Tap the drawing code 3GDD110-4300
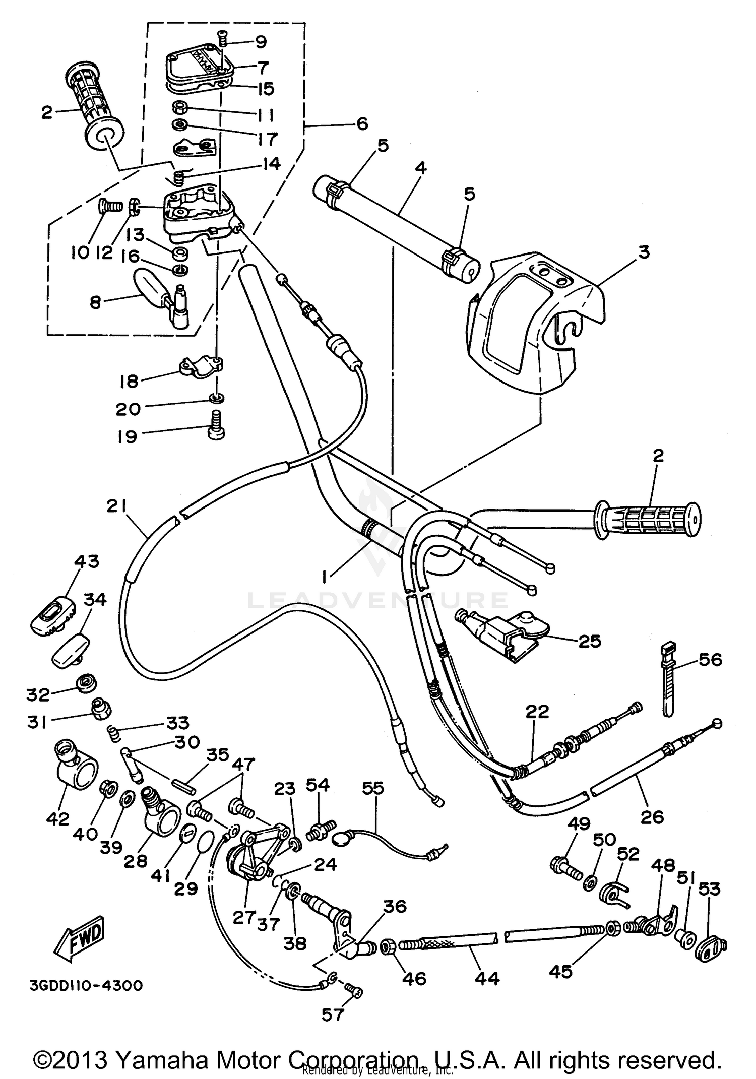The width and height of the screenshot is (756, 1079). [86, 985]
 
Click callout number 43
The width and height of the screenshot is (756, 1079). [87, 561]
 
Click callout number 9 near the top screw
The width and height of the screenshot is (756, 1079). [261, 42]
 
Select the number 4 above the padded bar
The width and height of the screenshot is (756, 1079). [421, 167]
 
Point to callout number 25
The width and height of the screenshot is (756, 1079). [590, 642]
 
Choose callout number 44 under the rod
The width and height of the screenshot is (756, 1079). [487, 978]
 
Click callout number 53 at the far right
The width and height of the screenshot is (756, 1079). [710, 889]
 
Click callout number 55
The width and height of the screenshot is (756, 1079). [373, 788]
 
